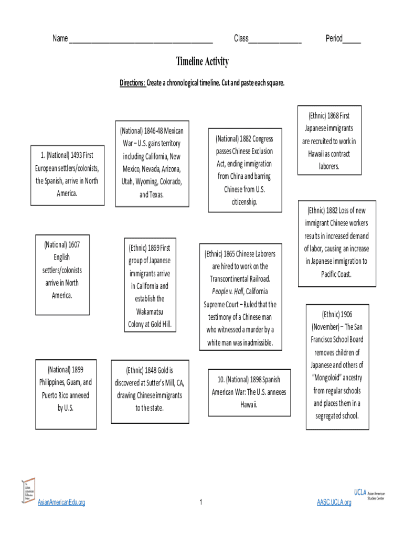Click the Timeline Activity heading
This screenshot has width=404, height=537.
[202, 62]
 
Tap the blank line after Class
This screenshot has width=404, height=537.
[275, 40]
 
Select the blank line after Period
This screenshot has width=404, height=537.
[352, 40]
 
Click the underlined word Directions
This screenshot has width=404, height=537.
[132, 83]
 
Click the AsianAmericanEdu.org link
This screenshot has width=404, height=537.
[61, 503]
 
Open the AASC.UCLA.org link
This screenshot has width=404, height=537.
[334, 503]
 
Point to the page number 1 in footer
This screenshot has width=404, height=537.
[201, 503]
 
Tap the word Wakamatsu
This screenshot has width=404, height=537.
[150, 312]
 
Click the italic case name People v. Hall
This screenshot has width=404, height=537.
[228, 292]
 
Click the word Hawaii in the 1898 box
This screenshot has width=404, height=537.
[249, 405]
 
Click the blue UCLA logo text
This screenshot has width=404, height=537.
[360, 492]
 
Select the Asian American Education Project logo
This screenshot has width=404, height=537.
[28, 491]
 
